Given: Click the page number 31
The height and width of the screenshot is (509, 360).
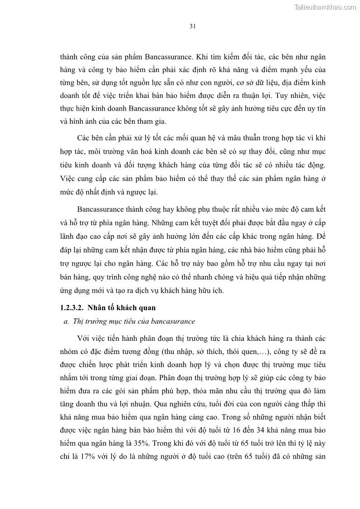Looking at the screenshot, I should click(192, 26).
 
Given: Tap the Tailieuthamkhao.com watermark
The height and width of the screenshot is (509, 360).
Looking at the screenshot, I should click(325, 7).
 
